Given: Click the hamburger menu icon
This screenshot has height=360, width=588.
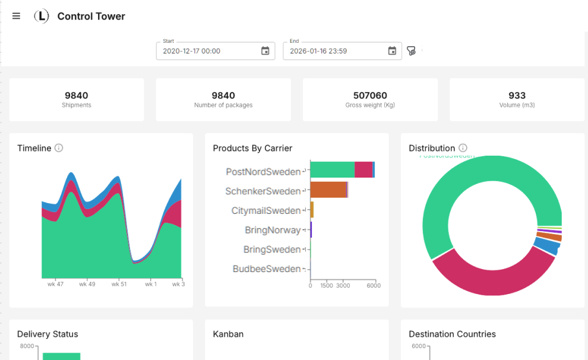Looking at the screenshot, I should (x=16, y=16).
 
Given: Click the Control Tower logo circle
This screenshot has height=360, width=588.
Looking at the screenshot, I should (x=42, y=17).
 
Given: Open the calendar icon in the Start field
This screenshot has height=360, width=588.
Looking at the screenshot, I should (x=265, y=51).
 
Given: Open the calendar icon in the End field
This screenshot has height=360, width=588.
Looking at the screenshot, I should (x=392, y=51).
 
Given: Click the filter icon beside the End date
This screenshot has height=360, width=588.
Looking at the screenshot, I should (x=411, y=51).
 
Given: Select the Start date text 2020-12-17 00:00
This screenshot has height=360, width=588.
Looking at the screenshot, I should (x=192, y=51).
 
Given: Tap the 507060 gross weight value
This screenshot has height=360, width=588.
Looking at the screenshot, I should (x=370, y=95).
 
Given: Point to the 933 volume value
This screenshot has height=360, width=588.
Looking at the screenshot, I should (x=517, y=95).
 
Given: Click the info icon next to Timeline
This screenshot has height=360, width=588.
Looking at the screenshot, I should (x=59, y=148).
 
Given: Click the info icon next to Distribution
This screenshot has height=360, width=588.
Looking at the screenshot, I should (x=463, y=148).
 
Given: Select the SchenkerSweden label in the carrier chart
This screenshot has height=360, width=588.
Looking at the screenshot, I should (x=263, y=191).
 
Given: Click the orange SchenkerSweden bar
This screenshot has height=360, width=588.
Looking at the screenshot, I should (x=328, y=190).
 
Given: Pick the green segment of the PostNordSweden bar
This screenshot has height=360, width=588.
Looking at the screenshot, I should (x=333, y=170).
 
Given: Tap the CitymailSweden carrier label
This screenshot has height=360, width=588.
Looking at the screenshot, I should (x=265, y=211).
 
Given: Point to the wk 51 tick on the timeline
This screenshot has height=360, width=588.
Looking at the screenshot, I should (x=119, y=284).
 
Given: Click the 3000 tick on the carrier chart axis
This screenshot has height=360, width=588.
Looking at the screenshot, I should (x=343, y=286).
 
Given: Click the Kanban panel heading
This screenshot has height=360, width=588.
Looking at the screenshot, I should (x=228, y=334).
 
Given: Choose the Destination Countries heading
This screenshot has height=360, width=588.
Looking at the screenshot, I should (x=452, y=334).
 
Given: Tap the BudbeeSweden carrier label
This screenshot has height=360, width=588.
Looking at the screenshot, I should (x=267, y=269).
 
